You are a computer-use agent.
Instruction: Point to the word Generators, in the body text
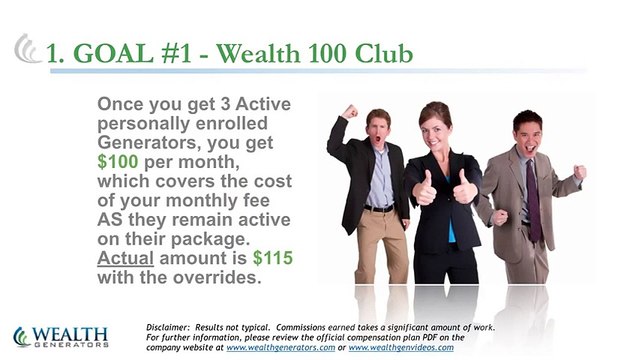[145, 141]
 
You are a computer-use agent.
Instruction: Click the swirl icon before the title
[27, 48]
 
